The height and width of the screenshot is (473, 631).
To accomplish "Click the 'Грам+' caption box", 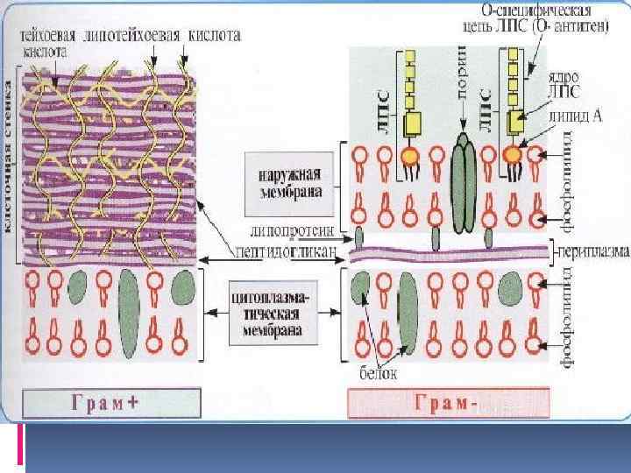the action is pos(112,403).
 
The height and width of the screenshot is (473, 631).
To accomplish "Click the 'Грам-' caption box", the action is pos(449,404).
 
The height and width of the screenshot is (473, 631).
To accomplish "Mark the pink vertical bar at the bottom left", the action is pos(20,444).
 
